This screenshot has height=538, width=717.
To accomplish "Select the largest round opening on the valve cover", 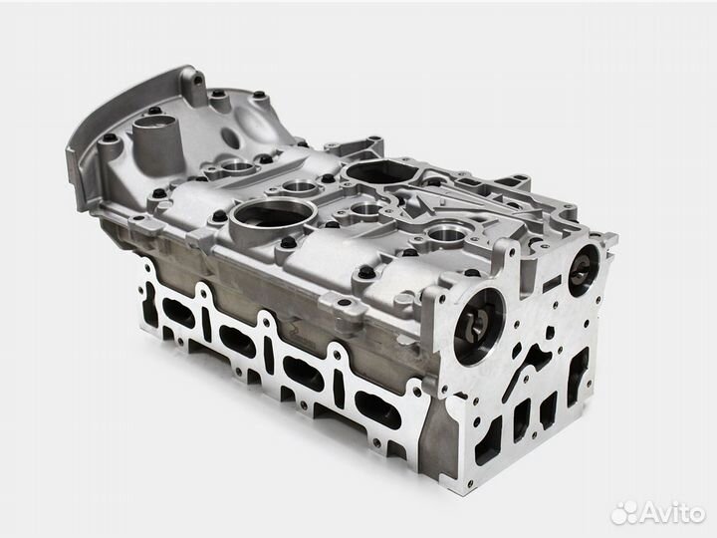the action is click(273, 217).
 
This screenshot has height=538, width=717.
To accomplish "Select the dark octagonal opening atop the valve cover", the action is click(380, 171).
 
